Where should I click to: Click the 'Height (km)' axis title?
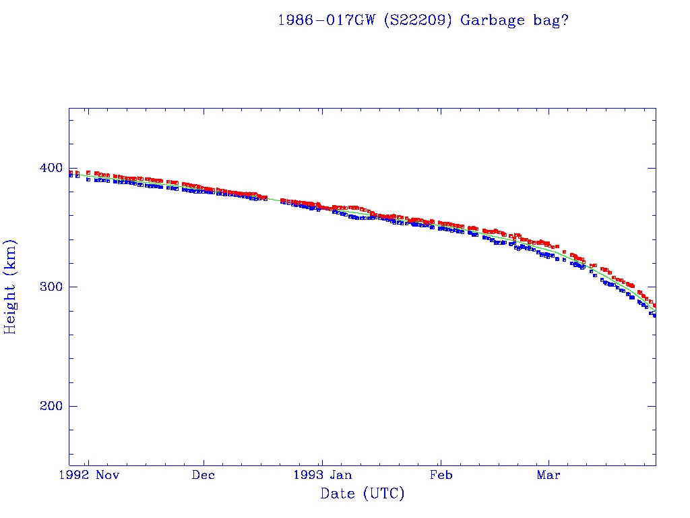click(11, 287)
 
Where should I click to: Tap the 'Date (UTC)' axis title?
click(363, 494)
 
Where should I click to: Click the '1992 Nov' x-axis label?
click(88, 474)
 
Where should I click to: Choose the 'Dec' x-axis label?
click(203, 474)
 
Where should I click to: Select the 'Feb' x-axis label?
click(441, 474)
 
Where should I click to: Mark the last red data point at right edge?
click(654, 306)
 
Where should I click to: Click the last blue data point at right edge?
click(654, 315)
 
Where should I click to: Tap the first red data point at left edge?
click(70, 172)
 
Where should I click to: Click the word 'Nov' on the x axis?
click(108, 474)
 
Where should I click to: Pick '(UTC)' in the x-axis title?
click(383, 494)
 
